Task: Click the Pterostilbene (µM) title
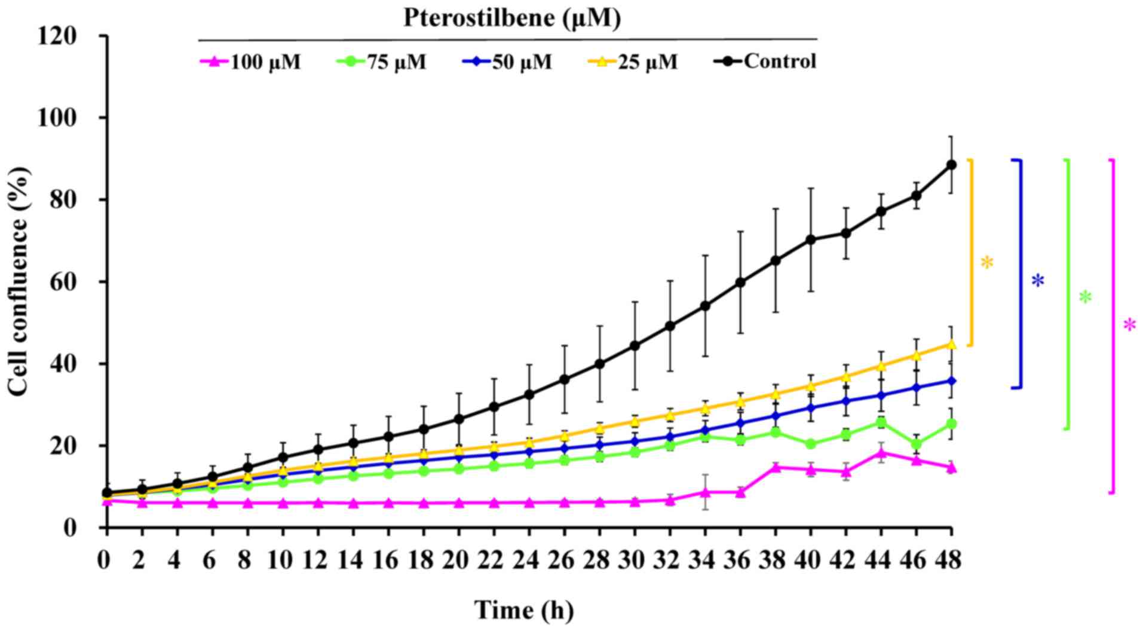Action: [512, 18]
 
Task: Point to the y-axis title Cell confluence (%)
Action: [18, 281]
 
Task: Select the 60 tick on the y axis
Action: [66, 282]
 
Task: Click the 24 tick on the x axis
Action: [528, 561]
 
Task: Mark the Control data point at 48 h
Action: [951, 165]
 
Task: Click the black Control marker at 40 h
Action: [811, 240]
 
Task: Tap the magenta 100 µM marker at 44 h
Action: [881, 453]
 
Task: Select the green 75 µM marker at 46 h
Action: [916, 444]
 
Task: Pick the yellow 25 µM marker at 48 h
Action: [951, 344]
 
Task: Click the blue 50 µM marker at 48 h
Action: [951, 381]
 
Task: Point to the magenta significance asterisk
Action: [1129, 325]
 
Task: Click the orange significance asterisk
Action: [987, 262]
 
